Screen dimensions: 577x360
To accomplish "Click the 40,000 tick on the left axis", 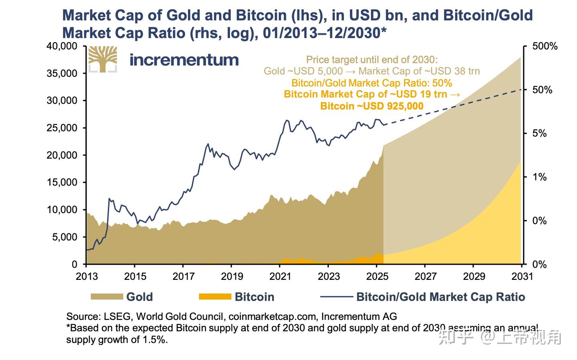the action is point(62,46).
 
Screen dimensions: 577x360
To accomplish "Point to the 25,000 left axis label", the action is point(62,128).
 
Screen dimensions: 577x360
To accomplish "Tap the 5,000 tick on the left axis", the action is point(65,237).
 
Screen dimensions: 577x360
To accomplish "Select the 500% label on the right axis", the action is point(545,47).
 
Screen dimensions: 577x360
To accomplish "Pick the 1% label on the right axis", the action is point(540,177).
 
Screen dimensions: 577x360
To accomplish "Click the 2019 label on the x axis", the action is point(232,277).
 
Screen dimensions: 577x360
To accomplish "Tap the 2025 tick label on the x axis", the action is point(377,277).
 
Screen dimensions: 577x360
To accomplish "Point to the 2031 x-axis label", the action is point(522,277).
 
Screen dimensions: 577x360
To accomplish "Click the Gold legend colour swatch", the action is point(107,297).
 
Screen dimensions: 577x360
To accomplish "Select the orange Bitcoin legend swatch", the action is point(215,297).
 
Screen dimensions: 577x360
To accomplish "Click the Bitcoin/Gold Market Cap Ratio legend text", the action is point(441,297).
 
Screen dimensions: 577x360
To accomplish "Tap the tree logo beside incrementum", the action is point(103,59).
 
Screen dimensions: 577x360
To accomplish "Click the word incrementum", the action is point(184,60).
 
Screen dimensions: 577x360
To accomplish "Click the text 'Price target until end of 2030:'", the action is point(372,60).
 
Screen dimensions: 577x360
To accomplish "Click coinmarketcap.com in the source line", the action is point(272,316).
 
